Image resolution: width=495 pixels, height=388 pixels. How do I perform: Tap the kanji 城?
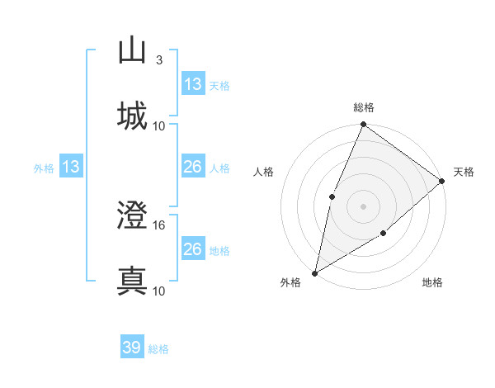tap(133, 116)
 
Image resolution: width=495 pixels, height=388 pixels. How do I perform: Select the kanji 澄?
tap(133, 217)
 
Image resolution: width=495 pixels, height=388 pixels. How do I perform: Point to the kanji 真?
tap(133, 280)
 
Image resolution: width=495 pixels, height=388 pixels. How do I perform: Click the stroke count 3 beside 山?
tap(158, 60)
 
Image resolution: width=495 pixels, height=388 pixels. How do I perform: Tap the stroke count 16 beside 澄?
tap(160, 225)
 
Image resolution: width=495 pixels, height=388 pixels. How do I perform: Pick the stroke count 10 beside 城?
tap(160, 125)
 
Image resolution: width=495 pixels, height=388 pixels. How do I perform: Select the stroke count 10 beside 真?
tap(160, 291)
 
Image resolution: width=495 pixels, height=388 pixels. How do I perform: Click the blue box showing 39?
tap(132, 348)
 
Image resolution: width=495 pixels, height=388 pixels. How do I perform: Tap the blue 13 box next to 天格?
tap(193, 84)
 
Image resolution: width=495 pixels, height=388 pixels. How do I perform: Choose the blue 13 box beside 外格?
tap(71, 167)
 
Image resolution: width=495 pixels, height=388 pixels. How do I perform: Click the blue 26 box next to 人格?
tap(193, 167)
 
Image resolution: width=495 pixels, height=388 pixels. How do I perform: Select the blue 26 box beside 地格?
tap(193, 249)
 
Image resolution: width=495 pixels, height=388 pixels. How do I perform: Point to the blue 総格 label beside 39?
tap(158, 349)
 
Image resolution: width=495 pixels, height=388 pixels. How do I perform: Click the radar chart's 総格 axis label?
tap(364, 107)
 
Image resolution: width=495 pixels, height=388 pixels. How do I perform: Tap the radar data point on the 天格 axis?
tap(442, 181)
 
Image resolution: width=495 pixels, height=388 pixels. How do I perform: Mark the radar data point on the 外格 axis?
tap(314, 272)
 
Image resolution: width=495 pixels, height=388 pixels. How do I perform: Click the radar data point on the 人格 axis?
tap(332, 196)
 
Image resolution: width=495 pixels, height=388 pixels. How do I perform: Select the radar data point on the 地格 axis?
tap(384, 234)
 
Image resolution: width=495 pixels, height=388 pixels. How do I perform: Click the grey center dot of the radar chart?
tap(363, 206)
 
